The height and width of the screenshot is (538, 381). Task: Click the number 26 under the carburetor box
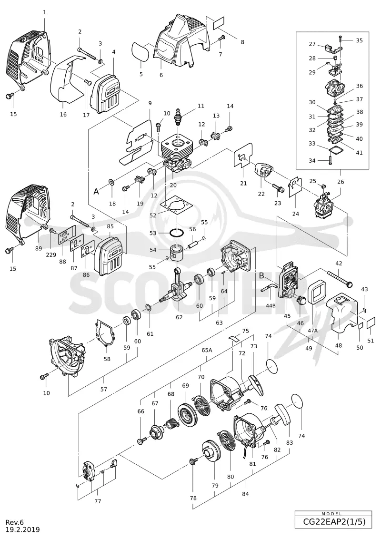click(x=341, y=182)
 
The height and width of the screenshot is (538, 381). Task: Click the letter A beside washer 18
click(x=96, y=192)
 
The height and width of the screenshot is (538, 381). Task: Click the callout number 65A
click(x=207, y=350)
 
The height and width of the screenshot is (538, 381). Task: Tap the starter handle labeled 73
click(x=257, y=385)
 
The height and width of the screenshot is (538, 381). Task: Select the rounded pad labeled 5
click(x=140, y=51)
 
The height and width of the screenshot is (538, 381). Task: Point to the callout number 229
click(x=50, y=255)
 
